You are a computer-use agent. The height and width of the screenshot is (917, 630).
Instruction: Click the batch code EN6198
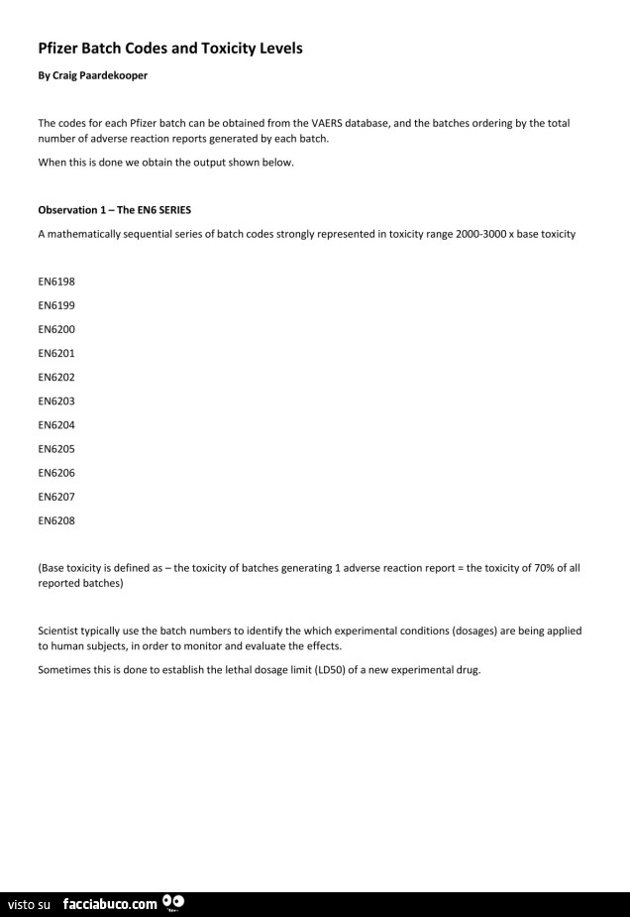(56, 281)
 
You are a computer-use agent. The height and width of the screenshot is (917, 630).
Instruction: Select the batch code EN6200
(56, 328)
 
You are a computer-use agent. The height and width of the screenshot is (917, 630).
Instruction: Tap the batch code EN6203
(56, 401)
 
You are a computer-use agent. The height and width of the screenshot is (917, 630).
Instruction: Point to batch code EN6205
(56, 448)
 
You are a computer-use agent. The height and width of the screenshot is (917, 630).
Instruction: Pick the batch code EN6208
(56, 519)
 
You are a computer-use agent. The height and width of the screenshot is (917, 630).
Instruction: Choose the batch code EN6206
(56, 472)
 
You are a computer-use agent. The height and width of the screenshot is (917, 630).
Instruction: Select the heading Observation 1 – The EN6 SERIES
(114, 210)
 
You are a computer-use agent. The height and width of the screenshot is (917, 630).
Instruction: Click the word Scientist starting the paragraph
(59, 630)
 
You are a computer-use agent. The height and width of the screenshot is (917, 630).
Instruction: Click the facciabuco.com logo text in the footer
(109, 903)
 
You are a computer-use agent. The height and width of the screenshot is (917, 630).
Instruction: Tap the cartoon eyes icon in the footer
(173, 902)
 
